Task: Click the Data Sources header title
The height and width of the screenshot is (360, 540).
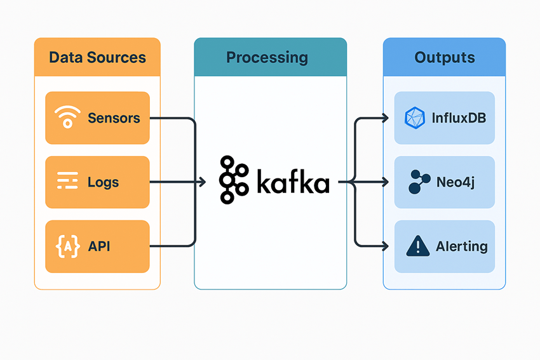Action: (x=97, y=58)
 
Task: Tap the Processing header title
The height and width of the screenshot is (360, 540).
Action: (x=267, y=58)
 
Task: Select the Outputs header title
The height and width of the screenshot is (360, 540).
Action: (x=445, y=58)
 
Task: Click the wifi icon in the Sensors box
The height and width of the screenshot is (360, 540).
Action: (x=67, y=117)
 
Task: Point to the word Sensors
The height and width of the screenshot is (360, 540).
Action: (x=114, y=118)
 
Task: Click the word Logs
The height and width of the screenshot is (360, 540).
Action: (x=104, y=182)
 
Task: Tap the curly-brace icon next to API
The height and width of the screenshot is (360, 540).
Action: (x=67, y=246)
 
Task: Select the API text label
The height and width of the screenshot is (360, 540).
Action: (x=99, y=246)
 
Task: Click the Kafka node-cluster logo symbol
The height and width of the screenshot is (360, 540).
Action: (x=234, y=180)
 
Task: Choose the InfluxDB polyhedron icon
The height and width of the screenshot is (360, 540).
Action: (x=414, y=118)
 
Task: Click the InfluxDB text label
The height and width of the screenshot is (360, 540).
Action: (x=459, y=118)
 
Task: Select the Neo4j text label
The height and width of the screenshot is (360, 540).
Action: (x=456, y=182)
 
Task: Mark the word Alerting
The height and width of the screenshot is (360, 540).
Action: (x=462, y=246)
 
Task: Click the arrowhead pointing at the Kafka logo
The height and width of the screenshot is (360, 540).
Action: (x=203, y=182)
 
